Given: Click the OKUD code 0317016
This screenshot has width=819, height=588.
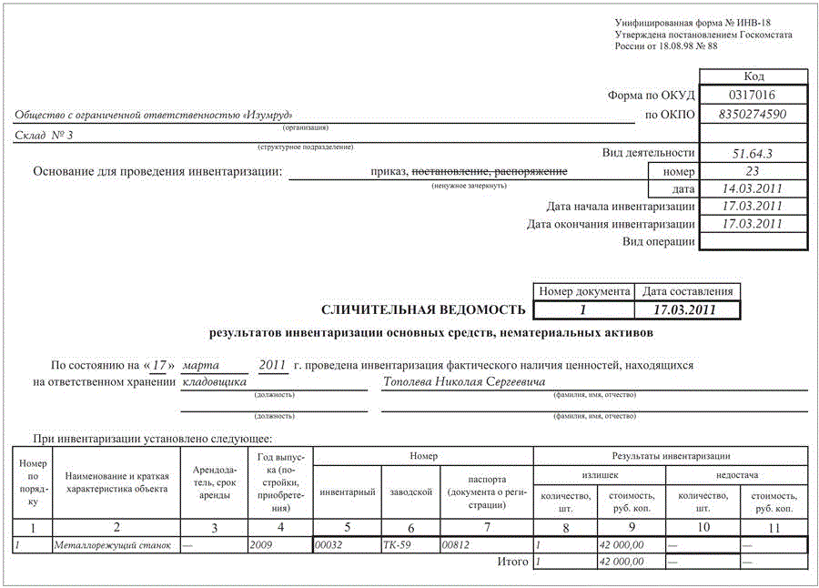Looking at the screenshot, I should click(752, 96).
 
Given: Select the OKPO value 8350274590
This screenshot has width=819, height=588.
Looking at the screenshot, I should click(752, 115).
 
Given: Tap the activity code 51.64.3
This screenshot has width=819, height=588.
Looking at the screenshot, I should click(752, 154).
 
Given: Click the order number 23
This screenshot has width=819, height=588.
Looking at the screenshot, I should click(752, 171).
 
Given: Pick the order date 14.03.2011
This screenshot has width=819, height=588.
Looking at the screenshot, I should click(752, 188).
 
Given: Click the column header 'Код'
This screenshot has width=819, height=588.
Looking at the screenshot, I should click(753, 76).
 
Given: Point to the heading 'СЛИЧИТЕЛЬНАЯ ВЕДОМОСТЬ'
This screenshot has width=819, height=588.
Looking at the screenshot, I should click(424, 311).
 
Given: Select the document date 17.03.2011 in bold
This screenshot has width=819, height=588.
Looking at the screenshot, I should click(688, 310).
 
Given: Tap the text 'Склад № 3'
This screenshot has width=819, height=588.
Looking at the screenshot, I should click(44, 136).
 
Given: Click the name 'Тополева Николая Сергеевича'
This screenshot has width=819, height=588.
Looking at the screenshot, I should click(464, 382).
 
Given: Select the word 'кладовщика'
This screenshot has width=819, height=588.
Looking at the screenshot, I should click(215, 382).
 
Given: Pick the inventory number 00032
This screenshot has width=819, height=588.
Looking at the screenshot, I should click(329, 544).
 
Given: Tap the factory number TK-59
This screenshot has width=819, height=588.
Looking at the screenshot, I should click(397, 544).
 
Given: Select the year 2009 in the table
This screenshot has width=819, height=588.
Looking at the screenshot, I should click(260, 544).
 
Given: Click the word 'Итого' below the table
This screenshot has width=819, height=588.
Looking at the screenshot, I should click(512, 562).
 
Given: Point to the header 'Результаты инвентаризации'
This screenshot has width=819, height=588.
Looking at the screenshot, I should click(670, 456).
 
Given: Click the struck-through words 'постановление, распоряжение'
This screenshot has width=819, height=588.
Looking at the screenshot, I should click(490, 171).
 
